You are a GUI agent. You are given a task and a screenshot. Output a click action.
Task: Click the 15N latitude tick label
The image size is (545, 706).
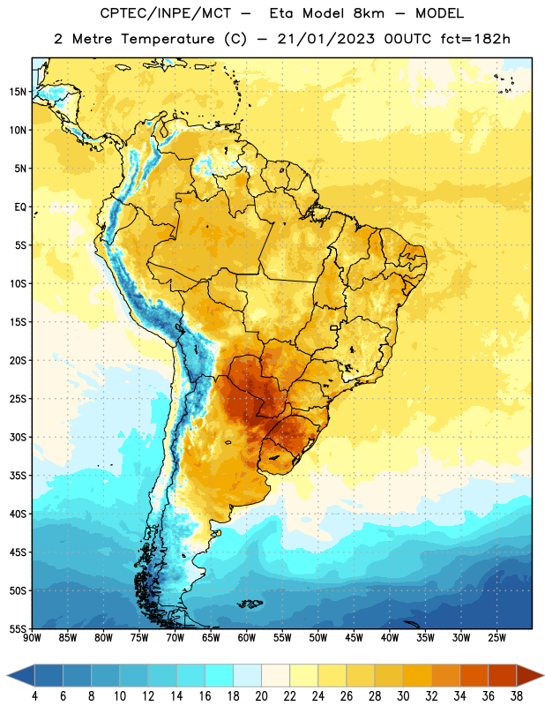coord(18,92)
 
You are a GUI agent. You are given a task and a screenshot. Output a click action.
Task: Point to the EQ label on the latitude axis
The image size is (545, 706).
coord(20,207)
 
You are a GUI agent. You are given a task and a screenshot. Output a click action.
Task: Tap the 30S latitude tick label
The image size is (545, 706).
coord(18,437)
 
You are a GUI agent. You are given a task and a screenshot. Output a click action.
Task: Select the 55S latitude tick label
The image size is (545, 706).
coord(18,629)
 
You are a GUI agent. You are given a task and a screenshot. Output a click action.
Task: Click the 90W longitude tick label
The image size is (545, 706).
coord(32,638)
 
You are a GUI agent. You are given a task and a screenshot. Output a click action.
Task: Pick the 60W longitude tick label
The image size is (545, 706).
coord(247,638)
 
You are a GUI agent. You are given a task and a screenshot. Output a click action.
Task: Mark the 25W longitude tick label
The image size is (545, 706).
coord(496,638)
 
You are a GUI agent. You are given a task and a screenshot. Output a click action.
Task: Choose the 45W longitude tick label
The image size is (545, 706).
coord(354,638)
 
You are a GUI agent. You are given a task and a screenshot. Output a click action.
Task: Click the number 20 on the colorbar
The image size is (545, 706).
coord(261,696)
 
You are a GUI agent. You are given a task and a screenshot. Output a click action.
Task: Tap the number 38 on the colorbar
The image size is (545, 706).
coord(517,696)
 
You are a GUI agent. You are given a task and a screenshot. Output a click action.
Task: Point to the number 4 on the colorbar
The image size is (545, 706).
coord(34,696)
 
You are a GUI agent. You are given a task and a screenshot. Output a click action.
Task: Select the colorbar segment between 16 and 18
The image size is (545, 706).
coord(220,675)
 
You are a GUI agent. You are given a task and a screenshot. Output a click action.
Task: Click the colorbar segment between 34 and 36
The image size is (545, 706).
coord(474,675)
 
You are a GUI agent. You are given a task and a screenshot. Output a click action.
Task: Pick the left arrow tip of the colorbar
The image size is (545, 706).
coord(7,675)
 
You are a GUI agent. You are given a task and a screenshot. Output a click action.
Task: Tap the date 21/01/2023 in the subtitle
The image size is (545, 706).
coord(325,39)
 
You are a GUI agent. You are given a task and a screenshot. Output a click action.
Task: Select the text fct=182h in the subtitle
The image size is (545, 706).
coord(475,39)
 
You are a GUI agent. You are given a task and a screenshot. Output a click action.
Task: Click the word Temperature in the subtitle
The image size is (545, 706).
coord(168,39)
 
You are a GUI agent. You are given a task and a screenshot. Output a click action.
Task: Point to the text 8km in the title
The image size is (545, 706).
coord(369,13)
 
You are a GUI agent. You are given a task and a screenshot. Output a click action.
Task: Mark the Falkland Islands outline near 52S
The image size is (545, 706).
coord(250,604)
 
